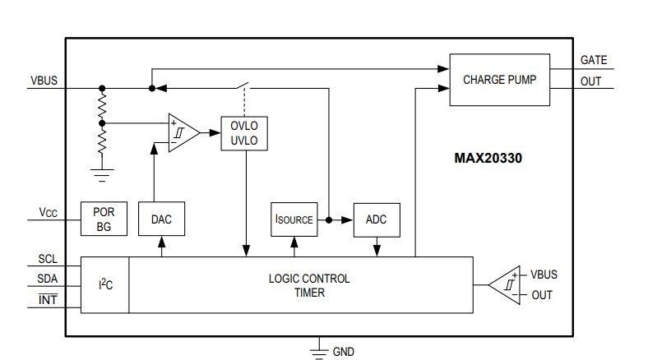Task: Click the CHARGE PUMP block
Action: pyautogui.click(x=499, y=80)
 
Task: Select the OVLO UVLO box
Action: pyautogui.click(x=244, y=134)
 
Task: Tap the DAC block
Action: pyautogui.click(x=161, y=219)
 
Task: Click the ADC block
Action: pyautogui.click(x=376, y=219)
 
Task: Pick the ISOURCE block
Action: pyautogui.click(x=294, y=219)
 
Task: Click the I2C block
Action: pyautogui.click(x=105, y=284)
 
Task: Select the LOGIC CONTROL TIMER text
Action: pyautogui.click(x=308, y=284)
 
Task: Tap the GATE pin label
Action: pyautogui.click(x=594, y=60)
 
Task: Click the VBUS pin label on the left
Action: pyautogui.click(x=44, y=81)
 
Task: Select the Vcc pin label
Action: pyautogui.click(x=48, y=213)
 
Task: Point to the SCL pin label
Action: pyautogui.click(x=48, y=258)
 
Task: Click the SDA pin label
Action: pyautogui.click(x=48, y=279)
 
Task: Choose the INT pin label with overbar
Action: pyautogui.click(x=48, y=300)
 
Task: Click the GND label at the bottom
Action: pyautogui.click(x=343, y=351)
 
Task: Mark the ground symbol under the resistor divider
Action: pyautogui.click(x=102, y=173)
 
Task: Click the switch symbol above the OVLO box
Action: pyautogui.click(x=244, y=86)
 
